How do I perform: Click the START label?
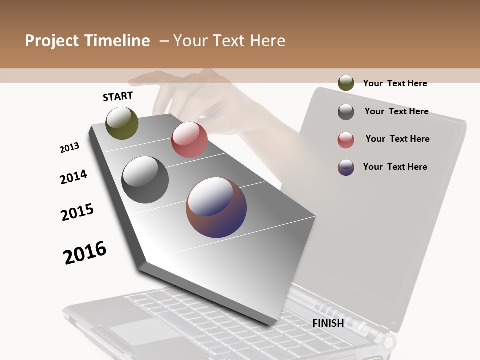pyautogui.click(x=118, y=96)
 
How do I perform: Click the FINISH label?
pyautogui.click(x=328, y=323)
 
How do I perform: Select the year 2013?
pyautogui.click(x=69, y=148)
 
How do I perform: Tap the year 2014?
pyautogui.click(x=73, y=177)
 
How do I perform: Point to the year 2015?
pyautogui.click(x=77, y=212)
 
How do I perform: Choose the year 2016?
pyautogui.click(x=85, y=253)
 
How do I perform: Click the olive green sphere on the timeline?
pyautogui.click(x=122, y=123)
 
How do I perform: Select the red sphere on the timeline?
pyautogui.click(x=189, y=140)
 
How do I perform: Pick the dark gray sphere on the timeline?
pyautogui.click(x=145, y=180)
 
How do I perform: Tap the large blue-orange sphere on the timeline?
pyautogui.click(x=216, y=207)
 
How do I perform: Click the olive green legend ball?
pyautogui.click(x=346, y=83)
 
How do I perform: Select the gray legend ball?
pyautogui.click(x=346, y=112)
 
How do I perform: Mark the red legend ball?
pyautogui.click(x=346, y=140)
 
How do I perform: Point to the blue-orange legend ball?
pyautogui.click(x=346, y=167)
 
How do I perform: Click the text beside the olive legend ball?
pyautogui.click(x=395, y=83)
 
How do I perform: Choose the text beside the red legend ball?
pyautogui.click(x=397, y=139)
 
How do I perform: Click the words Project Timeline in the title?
pyautogui.click(x=87, y=41)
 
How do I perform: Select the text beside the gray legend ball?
pyautogui.click(x=396, y=111)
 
